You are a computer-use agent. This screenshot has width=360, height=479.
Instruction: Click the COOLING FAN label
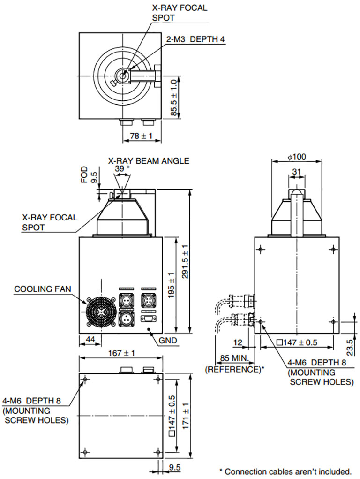point(43,289)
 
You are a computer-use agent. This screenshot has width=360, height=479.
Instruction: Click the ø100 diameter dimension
point(296,156)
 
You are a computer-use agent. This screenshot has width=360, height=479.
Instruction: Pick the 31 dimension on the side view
point(296,172)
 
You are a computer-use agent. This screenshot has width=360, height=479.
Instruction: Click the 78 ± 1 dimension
point(141,136)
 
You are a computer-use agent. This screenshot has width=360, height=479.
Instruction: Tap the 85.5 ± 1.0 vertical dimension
point(174,98)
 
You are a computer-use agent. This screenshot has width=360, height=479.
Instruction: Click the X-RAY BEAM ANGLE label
point(149,160)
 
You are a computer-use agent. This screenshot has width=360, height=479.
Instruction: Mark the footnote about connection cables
point(285,471)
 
